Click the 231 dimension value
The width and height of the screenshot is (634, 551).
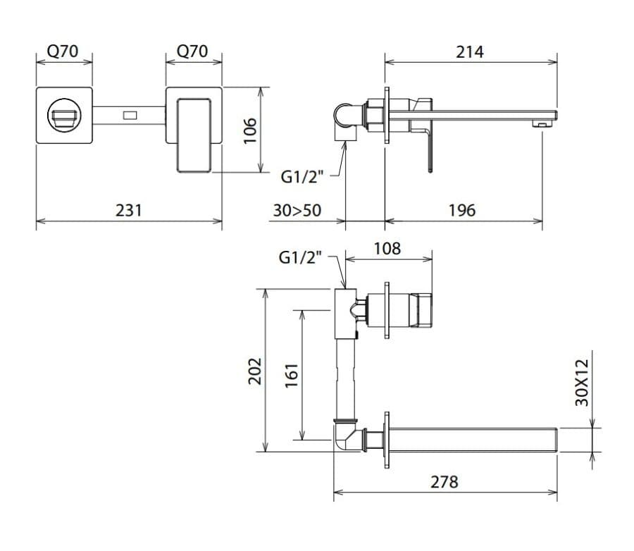click(x=129, y=211)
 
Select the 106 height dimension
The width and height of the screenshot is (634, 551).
click(x=250, y=130)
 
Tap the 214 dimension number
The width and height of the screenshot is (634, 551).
click(x=469, y=52)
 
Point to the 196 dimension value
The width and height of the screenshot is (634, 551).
click(x=462, y=211)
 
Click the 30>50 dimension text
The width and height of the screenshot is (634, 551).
click(x=297, y=211)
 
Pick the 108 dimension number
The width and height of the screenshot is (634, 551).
click(x=387, y=249)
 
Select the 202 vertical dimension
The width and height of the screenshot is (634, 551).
click(x=255, y=371)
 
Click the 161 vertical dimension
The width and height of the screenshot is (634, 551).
click(x=291, y=376)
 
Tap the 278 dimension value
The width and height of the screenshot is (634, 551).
click(x=445, y=482)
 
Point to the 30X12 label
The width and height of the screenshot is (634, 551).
click(x=582, y=383)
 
